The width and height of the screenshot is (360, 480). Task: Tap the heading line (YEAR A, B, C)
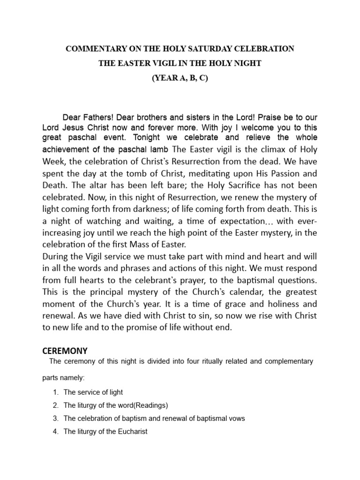180,78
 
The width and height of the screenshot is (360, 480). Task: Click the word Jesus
80,127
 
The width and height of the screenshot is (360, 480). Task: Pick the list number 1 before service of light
55,392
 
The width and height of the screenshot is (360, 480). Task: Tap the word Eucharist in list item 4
131,431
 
